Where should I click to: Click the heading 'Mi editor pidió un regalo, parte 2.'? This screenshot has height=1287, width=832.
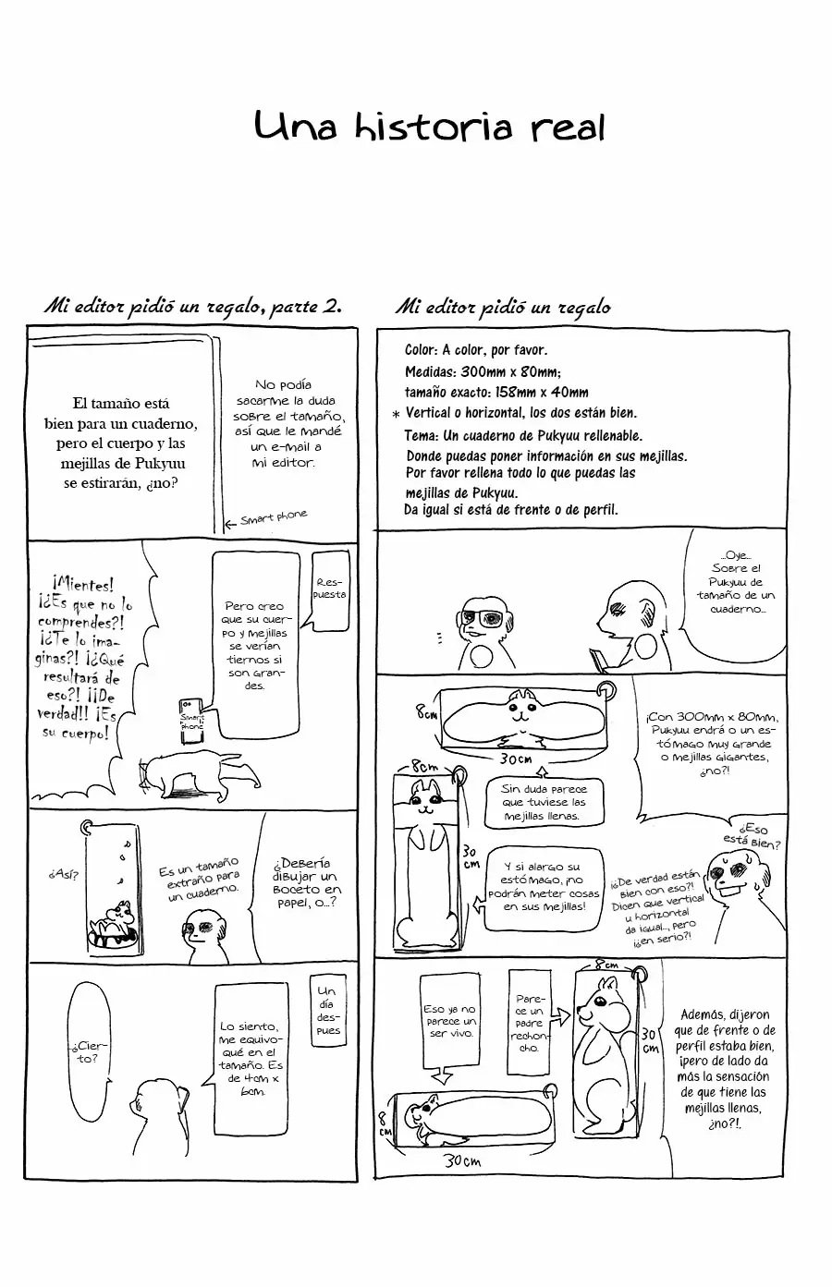(193, 306)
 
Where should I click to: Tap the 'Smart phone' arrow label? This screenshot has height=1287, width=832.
(266, 518)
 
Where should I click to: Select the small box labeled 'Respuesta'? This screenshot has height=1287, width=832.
(331, 590)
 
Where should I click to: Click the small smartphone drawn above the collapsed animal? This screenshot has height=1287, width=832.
(191, 721)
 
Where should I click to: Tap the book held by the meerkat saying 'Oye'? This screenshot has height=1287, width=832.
(598, 660)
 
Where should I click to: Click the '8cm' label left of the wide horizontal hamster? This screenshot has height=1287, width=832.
(426, 712)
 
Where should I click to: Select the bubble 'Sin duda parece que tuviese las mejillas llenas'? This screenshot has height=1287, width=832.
(544, 803)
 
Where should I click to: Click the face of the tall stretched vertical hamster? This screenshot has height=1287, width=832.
(426, 798)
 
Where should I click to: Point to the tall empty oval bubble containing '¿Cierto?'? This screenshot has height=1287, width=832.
(88, 1049)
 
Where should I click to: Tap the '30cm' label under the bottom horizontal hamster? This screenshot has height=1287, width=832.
(461, 1161)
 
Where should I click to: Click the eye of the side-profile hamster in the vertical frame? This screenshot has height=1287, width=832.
(598, 1001)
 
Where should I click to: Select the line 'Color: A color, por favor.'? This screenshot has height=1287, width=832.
(476, 350)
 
